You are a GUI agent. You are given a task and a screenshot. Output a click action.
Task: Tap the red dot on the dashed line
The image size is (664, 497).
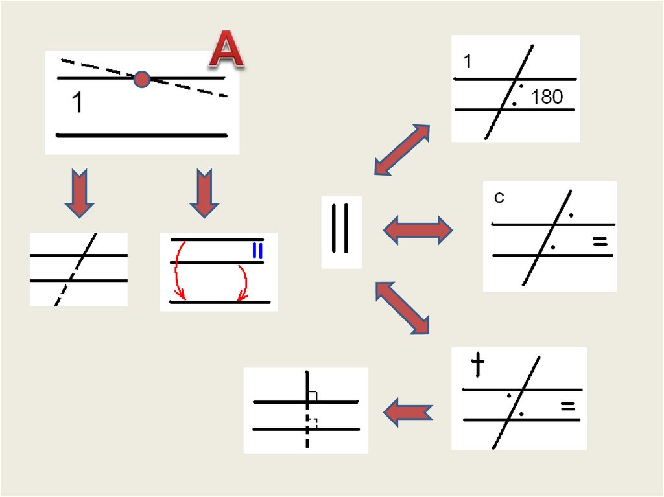(141, 80)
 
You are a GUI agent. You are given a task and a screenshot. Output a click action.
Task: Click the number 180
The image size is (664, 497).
(547, 97)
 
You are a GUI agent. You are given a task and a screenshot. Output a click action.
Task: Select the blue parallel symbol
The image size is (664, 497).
(257, 250)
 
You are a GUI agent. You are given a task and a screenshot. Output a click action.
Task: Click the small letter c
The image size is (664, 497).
(499, 198)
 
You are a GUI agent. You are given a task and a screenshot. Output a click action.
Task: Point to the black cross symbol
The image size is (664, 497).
(478, 365)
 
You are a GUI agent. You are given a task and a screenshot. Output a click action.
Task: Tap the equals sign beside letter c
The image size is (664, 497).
(600, 242)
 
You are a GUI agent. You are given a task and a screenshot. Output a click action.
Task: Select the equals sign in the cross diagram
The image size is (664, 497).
(567, 406)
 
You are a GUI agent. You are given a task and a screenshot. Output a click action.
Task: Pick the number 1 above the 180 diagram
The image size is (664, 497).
(468, 62)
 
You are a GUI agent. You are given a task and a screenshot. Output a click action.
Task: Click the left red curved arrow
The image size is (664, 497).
(178, 272)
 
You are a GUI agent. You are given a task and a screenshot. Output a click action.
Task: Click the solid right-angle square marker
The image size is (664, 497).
(313, 396)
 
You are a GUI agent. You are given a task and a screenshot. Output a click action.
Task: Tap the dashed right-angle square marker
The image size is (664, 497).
(313, 423)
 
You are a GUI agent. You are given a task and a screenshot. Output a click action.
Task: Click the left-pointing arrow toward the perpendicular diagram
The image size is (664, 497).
(407, 411)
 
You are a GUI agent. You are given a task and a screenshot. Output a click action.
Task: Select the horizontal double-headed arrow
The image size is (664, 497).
(418, 230)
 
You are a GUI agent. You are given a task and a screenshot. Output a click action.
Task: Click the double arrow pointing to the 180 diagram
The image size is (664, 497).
(402, 150)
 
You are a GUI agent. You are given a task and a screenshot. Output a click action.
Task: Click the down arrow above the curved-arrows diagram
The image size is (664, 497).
(204, 192)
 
